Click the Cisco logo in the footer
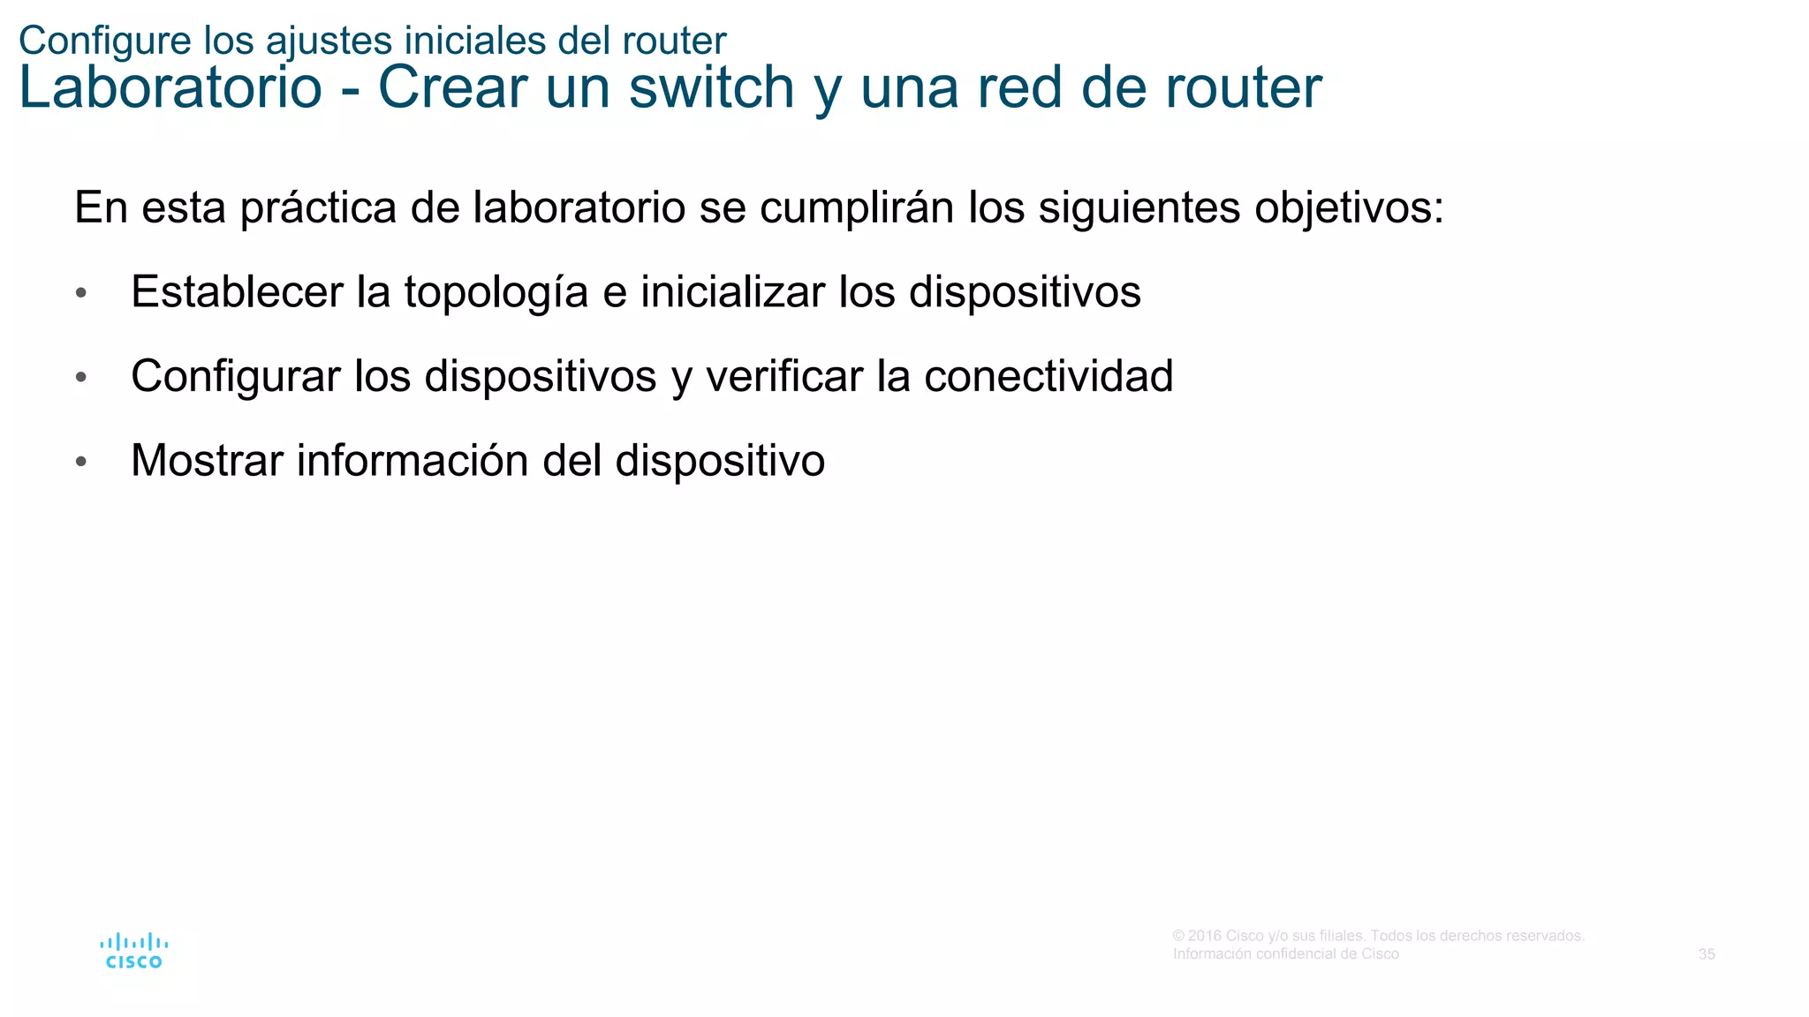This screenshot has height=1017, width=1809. tap(133, 951)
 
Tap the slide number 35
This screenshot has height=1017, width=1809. tap(1707, 954)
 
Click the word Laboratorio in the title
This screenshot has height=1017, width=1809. tap(170, 87)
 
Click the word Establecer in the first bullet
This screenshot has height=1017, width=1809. tap(237, 292)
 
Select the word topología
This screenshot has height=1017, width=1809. tap(496, 292)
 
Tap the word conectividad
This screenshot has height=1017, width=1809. tap(1048, 377)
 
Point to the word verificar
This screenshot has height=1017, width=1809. tap(784, 377)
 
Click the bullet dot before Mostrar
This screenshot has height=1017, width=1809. tap(81, 462)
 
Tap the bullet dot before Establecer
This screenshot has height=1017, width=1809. tap(81, 293)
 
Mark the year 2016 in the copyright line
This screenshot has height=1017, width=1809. tap(1205, 936)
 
